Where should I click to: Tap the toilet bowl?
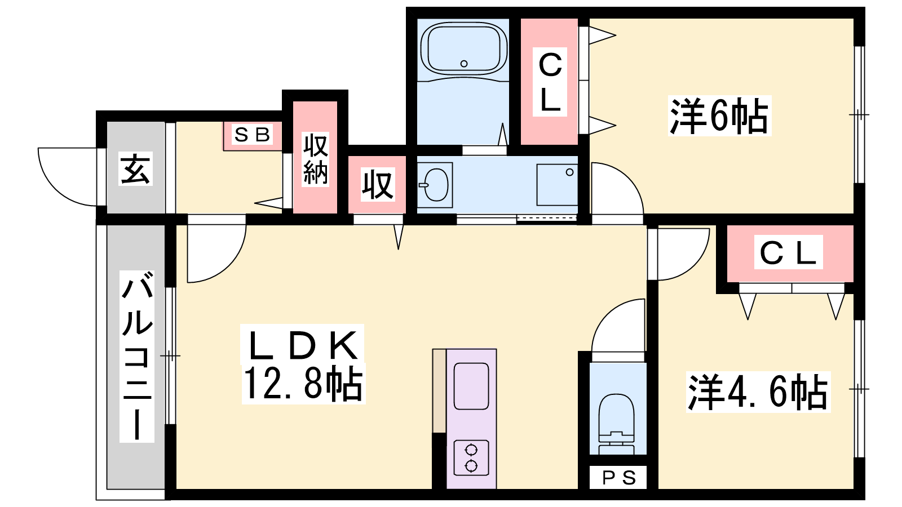coord(616,423)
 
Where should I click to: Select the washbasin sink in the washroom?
coord(435,185)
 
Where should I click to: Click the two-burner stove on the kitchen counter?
coord(471,457)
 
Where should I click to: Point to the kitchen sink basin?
coord(471,386)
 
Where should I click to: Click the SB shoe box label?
coord(253,135)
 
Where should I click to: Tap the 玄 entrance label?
coord(135,168)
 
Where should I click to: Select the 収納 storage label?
coord(315,159)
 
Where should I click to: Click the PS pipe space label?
coord(618,478)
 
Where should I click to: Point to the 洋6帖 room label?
coord(719,115)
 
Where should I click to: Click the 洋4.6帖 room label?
coord(758,392)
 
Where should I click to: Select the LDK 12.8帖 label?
coord(303,364)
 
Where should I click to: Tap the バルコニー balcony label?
coord(137,357)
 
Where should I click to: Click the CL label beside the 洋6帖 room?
coord(550,82)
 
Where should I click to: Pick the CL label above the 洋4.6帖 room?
coord(789,252)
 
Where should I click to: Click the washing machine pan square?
coord(557,185)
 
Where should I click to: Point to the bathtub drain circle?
coord(464,64)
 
